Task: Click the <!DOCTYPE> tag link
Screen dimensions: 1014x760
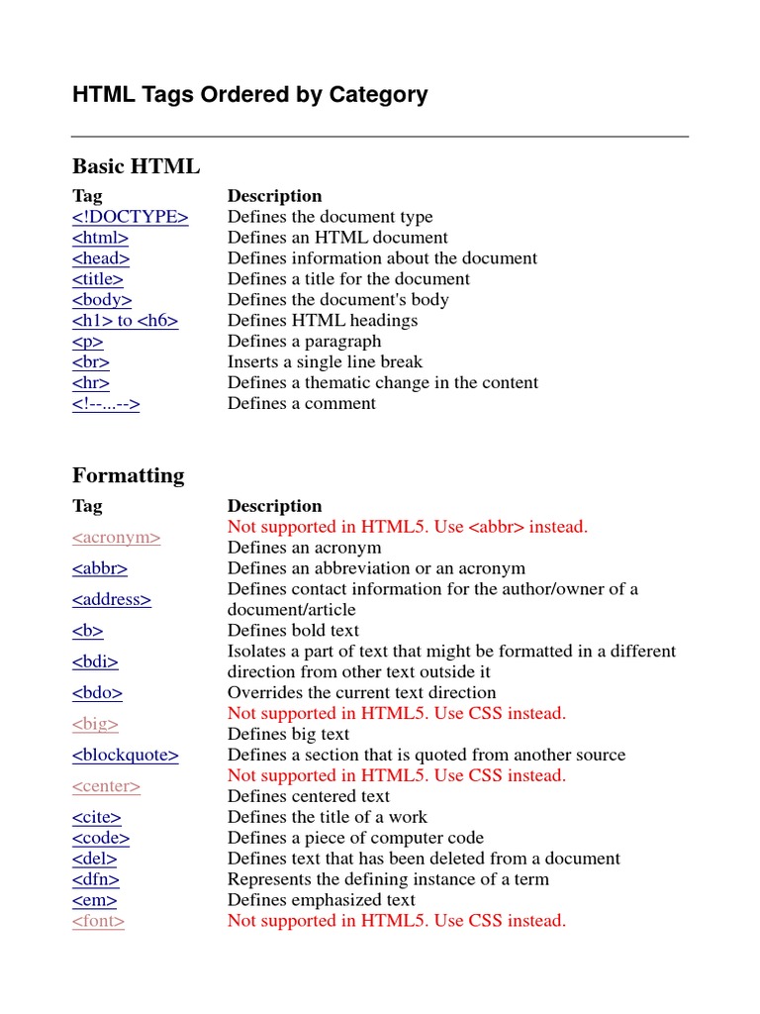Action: [x=130, y=217]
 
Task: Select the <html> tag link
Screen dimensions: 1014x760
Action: [x=100, y=238]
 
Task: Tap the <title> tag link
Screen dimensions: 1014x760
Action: [x=97, y=279]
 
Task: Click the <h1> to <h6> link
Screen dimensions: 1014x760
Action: [x=125, y=321]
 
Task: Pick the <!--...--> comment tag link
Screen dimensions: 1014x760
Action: [x=106, y=404]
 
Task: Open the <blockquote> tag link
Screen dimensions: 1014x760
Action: [x=125, y=756]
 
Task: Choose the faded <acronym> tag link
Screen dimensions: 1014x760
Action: [x=116, y=538]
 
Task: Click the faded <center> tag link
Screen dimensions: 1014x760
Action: [x=106, y=786]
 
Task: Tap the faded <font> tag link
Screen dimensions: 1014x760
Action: [x=98, y=922]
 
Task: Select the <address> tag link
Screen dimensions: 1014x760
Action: [x=111, y=600]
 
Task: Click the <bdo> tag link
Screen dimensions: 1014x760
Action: [x=97, y=693]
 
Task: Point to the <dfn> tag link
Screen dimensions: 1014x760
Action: [x=95, y=880]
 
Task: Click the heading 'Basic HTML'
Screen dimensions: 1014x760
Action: [x=136, y=165]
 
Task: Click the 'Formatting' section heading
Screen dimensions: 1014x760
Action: [x=128, y=475]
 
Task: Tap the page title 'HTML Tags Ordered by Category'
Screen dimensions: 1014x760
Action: [x=249, y=95]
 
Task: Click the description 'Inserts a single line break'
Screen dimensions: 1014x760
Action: [x=325, y=362]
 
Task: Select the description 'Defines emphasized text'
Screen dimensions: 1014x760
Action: [x=321, y=901]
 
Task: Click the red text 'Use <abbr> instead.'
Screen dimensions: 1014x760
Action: [x=527, y=527]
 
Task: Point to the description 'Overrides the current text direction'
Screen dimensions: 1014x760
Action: [x=361, y=693]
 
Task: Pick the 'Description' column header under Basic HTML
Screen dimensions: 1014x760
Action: [x=274, y=196]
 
